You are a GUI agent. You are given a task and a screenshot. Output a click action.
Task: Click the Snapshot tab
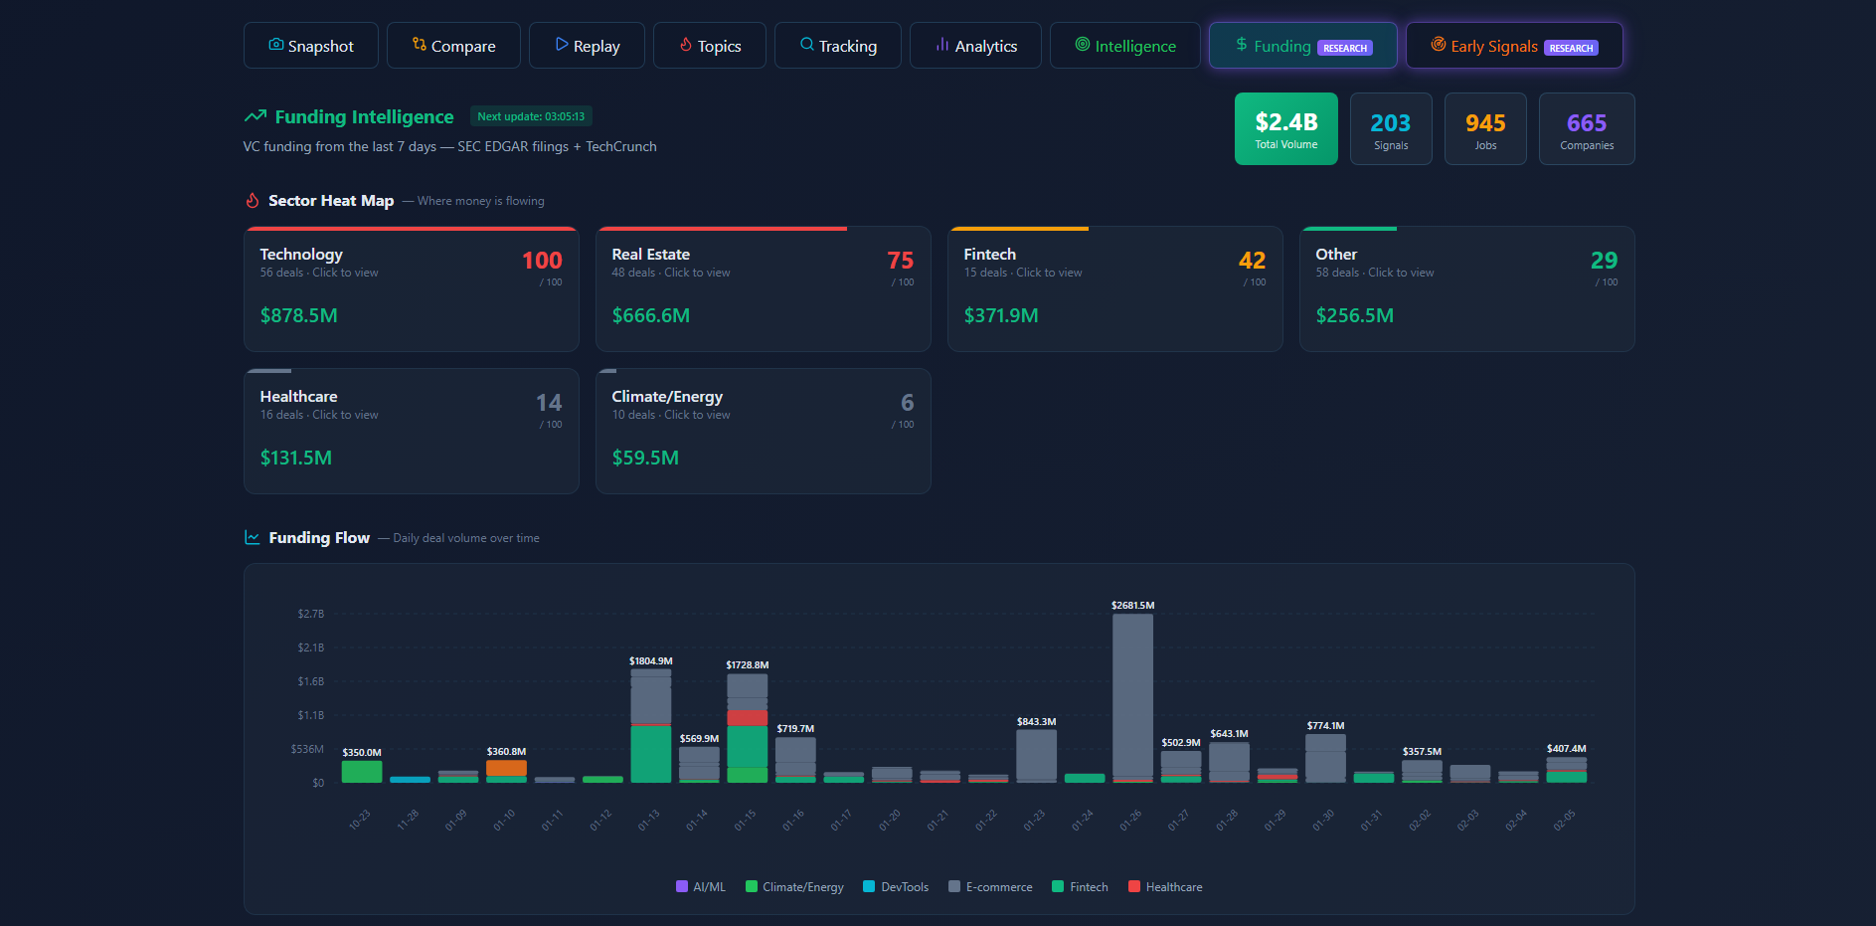(x=310, y=46)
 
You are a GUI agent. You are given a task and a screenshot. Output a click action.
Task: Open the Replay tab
(x=587, y=46)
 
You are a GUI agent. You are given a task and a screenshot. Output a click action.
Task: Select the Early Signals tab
(x=1513, y=46)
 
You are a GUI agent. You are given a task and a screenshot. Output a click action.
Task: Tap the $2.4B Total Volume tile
(x=1285, y=128)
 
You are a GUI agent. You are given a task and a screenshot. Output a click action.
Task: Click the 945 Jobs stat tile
(x=1484, y=128)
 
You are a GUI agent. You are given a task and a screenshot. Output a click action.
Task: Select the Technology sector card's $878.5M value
(x=298, y=315)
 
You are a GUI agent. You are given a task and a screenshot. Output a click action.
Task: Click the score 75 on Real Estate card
(x=900, y=261)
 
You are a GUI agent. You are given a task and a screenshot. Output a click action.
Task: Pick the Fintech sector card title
(x=989, y=255)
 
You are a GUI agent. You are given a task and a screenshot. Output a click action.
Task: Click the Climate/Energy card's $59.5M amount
(x=645, y=458)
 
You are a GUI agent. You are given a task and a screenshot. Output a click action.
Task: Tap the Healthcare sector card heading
(x=298, y=397)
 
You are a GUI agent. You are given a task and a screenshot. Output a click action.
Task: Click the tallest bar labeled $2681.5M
(x=1132, y=696)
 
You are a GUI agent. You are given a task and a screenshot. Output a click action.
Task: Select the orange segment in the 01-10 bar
(x=506, y=768)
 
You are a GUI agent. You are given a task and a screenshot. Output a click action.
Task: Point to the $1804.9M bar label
(x=650, y=661)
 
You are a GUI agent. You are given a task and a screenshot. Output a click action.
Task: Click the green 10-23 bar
(x=362, y=772)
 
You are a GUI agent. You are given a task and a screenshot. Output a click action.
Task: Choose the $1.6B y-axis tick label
(x=310, y=681)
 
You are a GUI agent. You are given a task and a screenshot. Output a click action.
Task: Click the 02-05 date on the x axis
(x=1564, y=820)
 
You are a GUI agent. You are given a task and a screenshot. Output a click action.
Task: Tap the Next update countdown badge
(x=531, y=116)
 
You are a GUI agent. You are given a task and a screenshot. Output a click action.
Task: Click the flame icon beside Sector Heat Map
(x=253, y=201)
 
